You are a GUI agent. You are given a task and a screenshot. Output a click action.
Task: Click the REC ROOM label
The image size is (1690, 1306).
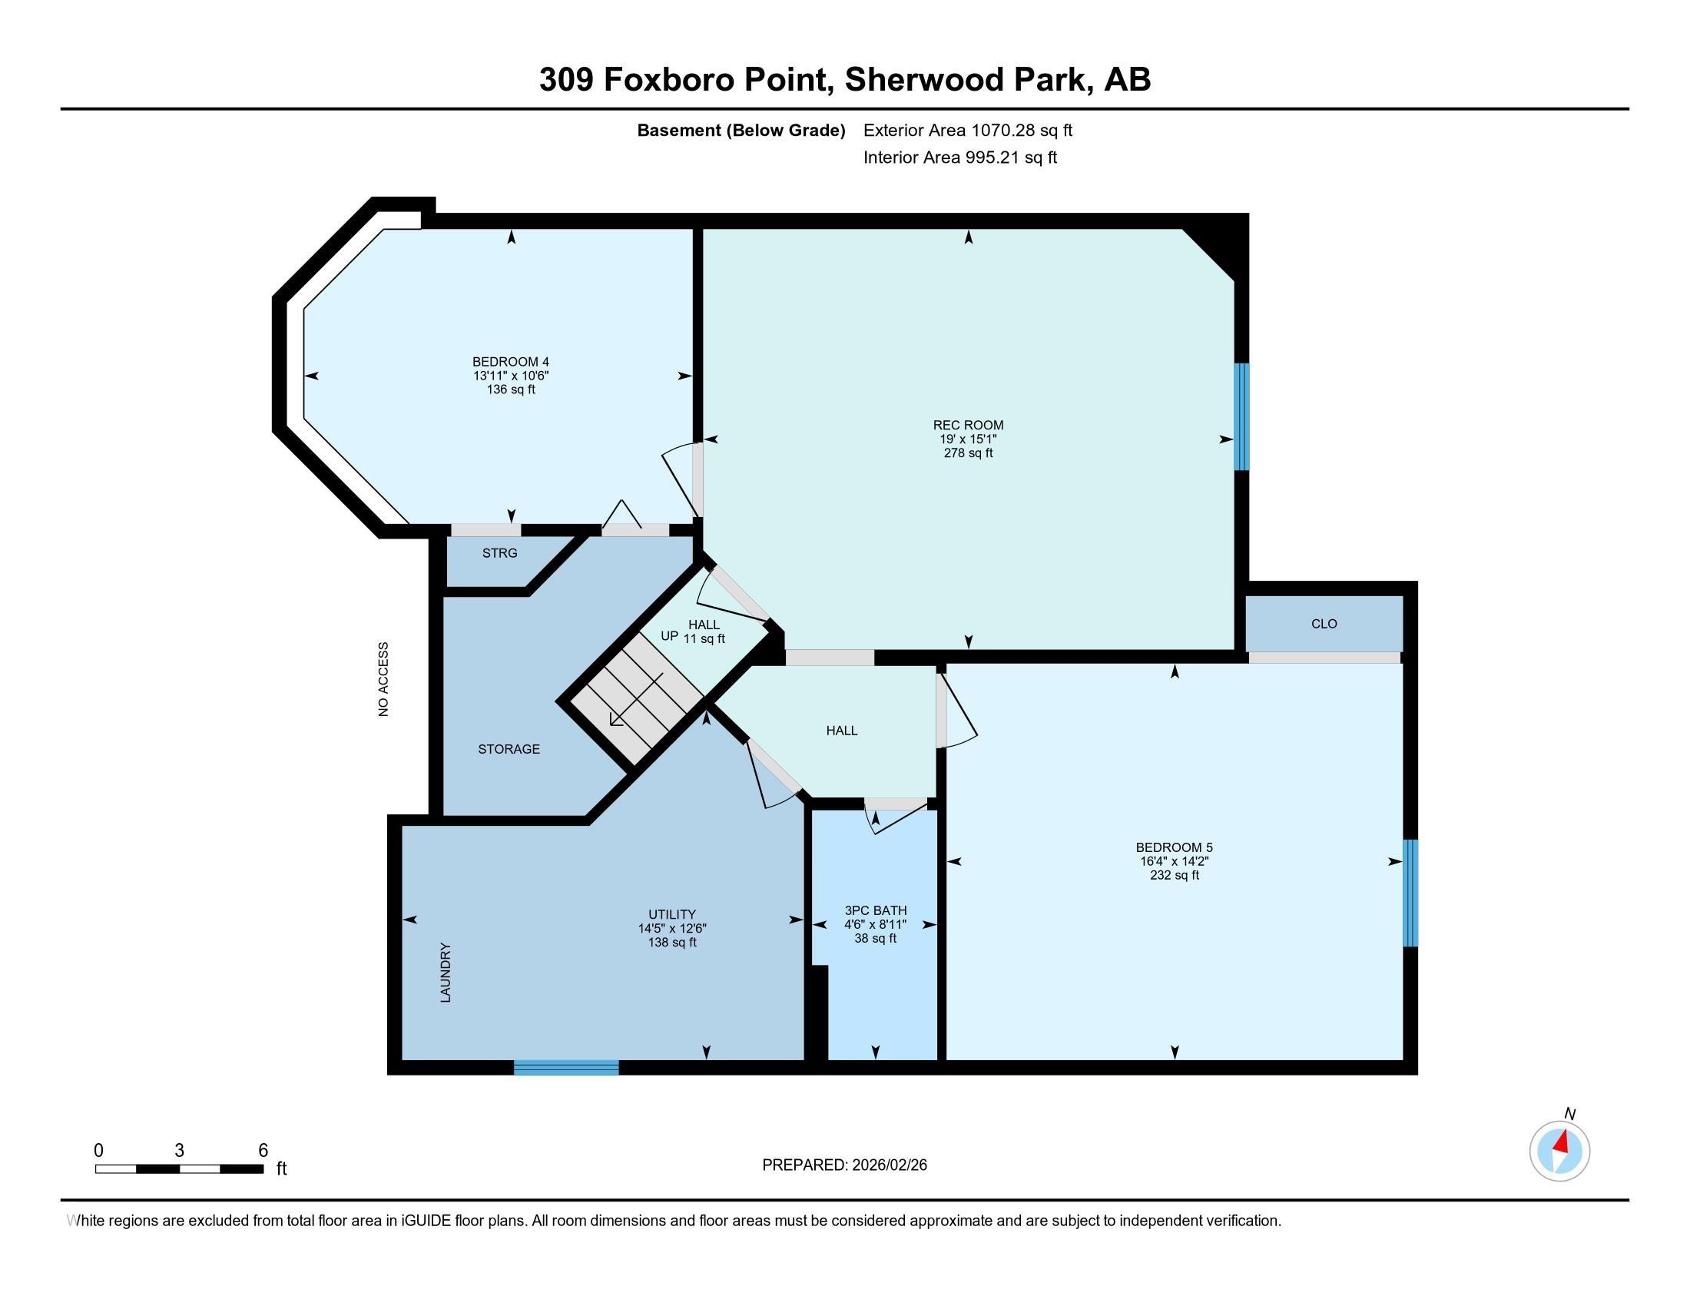[967, 425]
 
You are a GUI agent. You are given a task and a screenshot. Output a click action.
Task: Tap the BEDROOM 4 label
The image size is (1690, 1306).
[511, 361]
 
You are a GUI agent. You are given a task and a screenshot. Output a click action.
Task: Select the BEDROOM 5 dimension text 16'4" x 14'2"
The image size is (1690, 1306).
[1174, 861]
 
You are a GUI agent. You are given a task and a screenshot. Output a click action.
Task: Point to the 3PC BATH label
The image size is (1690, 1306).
[875, 910]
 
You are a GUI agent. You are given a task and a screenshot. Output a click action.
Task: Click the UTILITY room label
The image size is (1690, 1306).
[671, 913]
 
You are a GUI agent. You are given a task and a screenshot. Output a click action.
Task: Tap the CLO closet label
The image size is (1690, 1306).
[1324, 624]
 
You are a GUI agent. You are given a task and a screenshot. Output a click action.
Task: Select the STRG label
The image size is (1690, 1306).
[499, 553]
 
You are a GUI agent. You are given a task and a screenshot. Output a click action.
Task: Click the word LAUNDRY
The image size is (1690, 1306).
[446, 973]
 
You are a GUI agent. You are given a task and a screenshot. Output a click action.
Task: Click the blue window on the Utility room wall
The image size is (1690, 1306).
[565, 1068]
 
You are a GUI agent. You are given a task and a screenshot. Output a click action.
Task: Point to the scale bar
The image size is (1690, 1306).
[179, 1168]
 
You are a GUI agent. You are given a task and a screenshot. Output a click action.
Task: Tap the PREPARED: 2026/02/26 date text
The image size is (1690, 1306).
[844, 1165]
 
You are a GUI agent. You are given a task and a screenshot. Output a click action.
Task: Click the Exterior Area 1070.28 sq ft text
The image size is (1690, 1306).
[967, 130]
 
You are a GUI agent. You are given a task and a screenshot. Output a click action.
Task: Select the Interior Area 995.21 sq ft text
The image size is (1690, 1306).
[959, 157]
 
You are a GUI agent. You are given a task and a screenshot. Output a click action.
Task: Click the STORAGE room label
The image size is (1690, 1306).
[509, 749]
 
